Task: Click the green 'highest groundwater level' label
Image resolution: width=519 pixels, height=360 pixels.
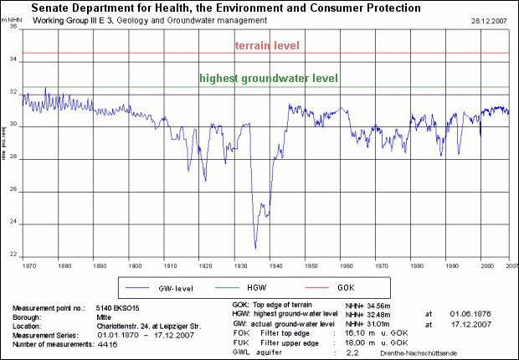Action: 269,79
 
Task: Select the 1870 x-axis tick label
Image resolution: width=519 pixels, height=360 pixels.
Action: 29,265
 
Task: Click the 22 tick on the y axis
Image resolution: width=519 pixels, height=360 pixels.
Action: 13,255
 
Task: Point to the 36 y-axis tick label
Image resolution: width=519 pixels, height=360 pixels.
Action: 13,27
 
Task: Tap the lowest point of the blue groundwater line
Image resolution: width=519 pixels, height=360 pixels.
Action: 255,249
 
